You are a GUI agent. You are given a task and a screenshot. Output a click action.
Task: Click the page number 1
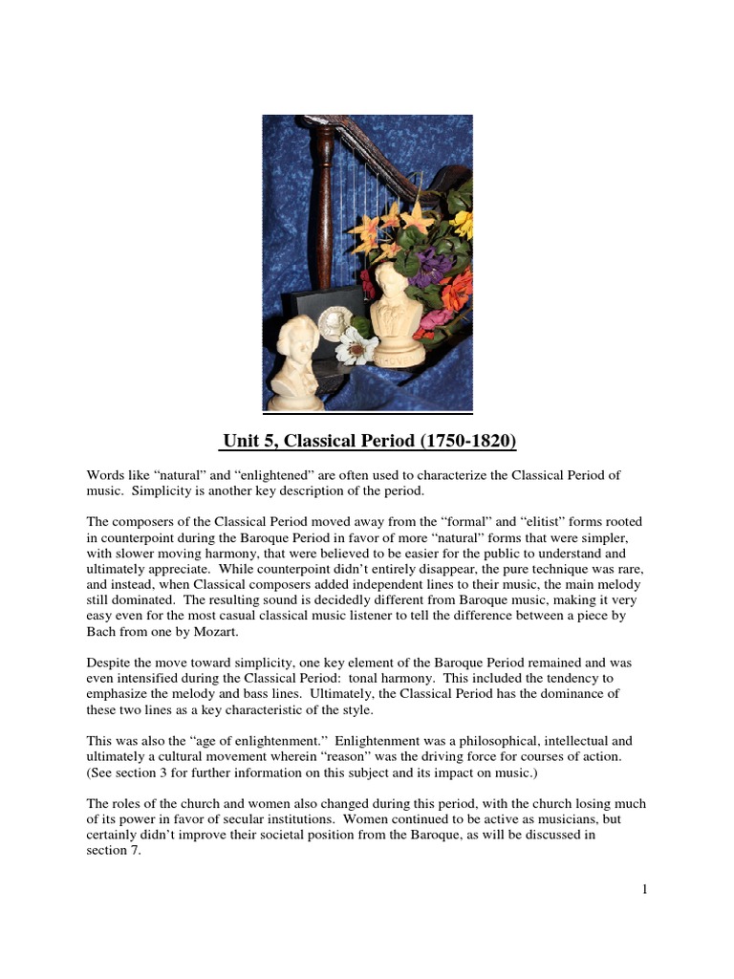(x=645, y=890)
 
